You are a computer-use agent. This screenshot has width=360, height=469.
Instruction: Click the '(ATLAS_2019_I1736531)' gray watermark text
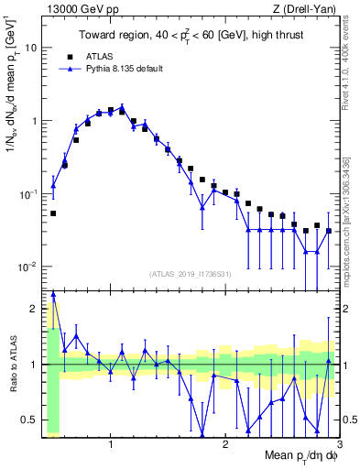191,273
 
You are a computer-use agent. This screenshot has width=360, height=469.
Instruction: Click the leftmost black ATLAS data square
53,213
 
